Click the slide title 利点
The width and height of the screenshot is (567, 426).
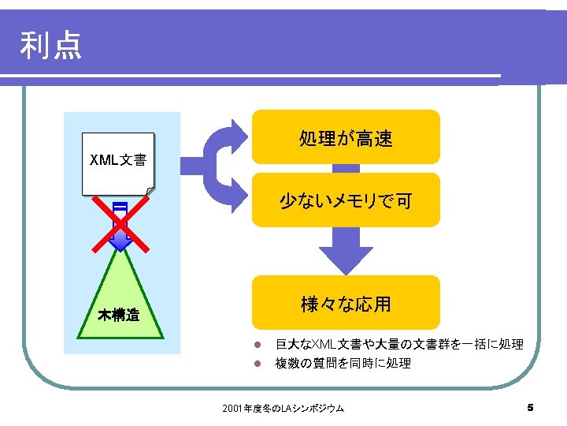tap(51, 46)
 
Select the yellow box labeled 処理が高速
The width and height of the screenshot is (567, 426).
tap(346, 139)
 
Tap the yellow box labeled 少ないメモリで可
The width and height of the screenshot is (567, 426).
tap(346, 201)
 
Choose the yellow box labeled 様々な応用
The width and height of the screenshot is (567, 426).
tap(346, 304)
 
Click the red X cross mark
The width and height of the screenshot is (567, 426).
tap(120, 222)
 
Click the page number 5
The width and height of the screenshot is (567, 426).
tap(530, 408)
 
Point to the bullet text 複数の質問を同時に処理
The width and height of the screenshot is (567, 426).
tap(343, 364)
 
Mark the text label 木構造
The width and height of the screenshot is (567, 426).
tap(119, 316)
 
